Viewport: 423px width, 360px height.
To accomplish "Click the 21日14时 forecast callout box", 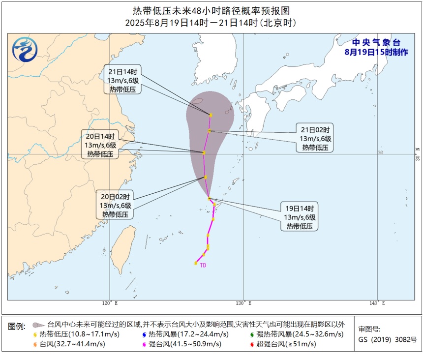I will pos(123,80).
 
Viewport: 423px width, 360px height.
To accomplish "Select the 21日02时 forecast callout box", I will pos(317,138).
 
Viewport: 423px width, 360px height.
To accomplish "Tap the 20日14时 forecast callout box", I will pos(100,145).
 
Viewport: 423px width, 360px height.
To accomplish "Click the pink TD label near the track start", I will pos(203,266).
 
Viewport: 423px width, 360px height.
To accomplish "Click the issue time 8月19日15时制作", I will pos(376,52).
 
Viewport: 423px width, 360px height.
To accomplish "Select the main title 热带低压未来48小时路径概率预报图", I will pos(211,10).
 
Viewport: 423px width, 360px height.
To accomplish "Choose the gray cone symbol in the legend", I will pos(37,325).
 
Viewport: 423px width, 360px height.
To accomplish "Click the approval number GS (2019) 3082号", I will pos(387,339).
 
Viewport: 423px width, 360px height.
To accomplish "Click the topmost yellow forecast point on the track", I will pos(211,115).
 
